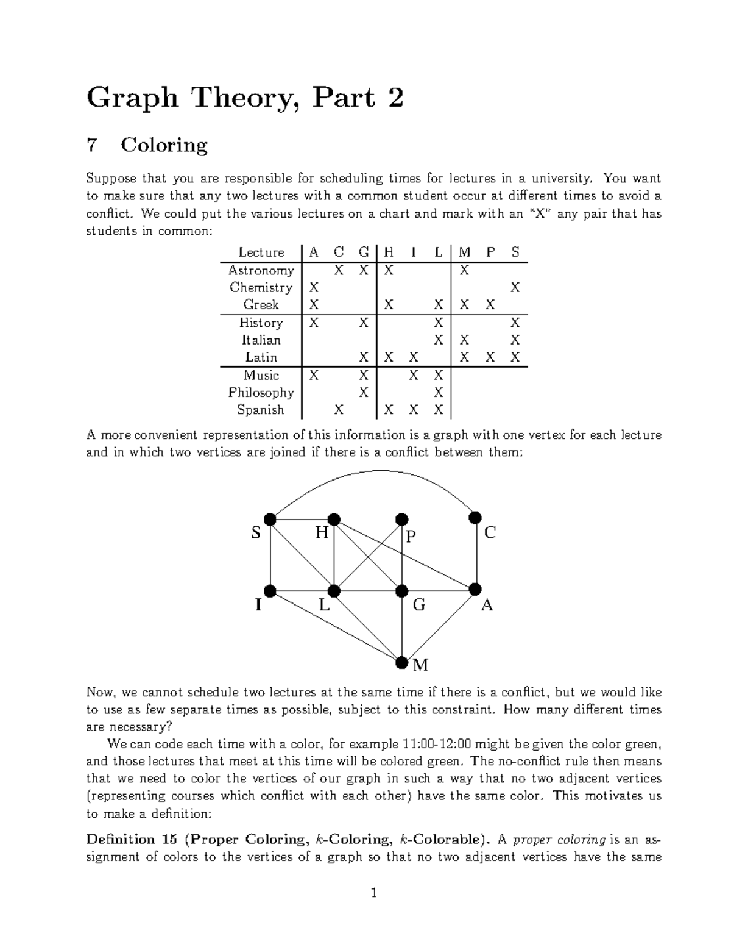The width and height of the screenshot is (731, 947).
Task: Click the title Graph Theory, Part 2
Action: point(245,98)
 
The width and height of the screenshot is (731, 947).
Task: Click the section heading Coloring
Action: point(164,145)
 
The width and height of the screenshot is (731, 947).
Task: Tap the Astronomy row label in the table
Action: point(261,270)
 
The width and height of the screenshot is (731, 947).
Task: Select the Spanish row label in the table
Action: point(261,410)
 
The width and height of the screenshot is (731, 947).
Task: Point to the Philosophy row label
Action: point(261,393)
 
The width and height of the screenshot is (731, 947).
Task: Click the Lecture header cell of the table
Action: point(261,252)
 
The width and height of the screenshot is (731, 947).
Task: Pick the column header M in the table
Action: point(464,252)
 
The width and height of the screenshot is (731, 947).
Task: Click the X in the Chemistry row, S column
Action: point(515,287)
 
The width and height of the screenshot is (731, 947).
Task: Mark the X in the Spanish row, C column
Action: point(339,410)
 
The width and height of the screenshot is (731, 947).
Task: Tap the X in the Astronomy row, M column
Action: point(464,270)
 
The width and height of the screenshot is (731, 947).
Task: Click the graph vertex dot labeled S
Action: point(270,520)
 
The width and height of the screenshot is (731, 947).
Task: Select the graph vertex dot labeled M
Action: point(401,662)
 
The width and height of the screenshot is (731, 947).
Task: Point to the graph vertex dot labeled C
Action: point(475,518)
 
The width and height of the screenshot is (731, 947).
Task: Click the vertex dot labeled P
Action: point(401,520)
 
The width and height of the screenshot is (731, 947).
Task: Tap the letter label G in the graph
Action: point(419,606)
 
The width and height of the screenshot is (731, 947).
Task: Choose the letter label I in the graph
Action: point(258,606)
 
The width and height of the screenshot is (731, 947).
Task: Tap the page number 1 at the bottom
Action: point(374,894)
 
